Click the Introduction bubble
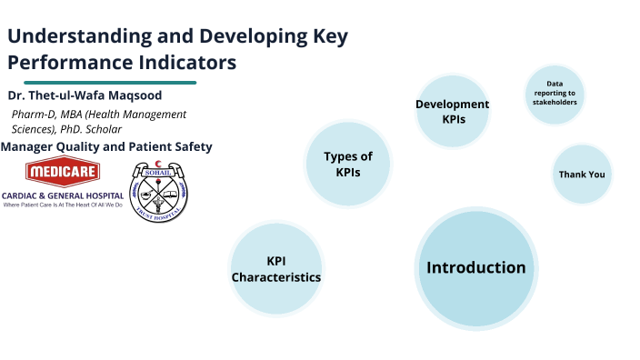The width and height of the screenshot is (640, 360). click(x=475, y=267)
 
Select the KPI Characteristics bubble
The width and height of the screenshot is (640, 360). click(x=275, y=268)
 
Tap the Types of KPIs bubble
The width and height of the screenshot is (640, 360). click(x=347, y=165)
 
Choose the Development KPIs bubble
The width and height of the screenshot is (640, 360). click(x=452, y=111)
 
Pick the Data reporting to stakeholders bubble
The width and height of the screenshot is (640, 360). click(x=555, y=93)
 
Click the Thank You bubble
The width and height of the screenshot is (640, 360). click(x=581, y=174)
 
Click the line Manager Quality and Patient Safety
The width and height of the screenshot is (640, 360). click(x=106, y=146)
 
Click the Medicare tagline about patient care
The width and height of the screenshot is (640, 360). click(x=62, y=205)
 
